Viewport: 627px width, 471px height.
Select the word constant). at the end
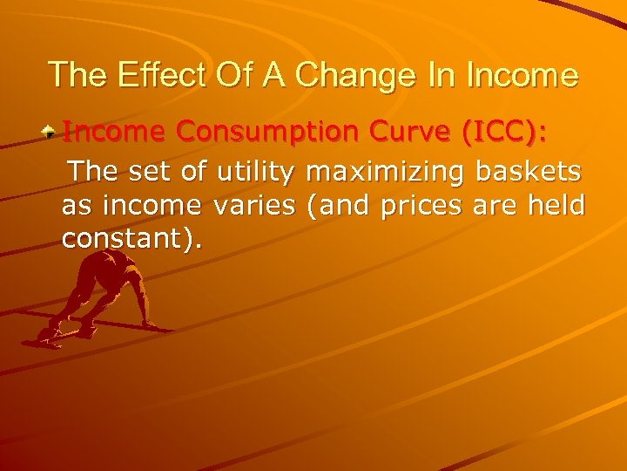[131, 239]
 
